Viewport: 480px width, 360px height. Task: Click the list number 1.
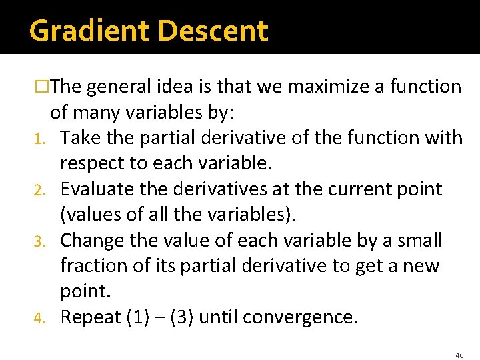(39, 139)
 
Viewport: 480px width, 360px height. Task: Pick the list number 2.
(39, 190)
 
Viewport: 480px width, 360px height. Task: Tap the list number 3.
(39, 241)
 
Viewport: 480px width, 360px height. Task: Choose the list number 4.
(39, 318)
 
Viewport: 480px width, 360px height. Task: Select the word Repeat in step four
(91, 317)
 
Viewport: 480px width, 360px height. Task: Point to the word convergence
(299, 317)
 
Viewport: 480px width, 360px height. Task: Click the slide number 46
(459, 355)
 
